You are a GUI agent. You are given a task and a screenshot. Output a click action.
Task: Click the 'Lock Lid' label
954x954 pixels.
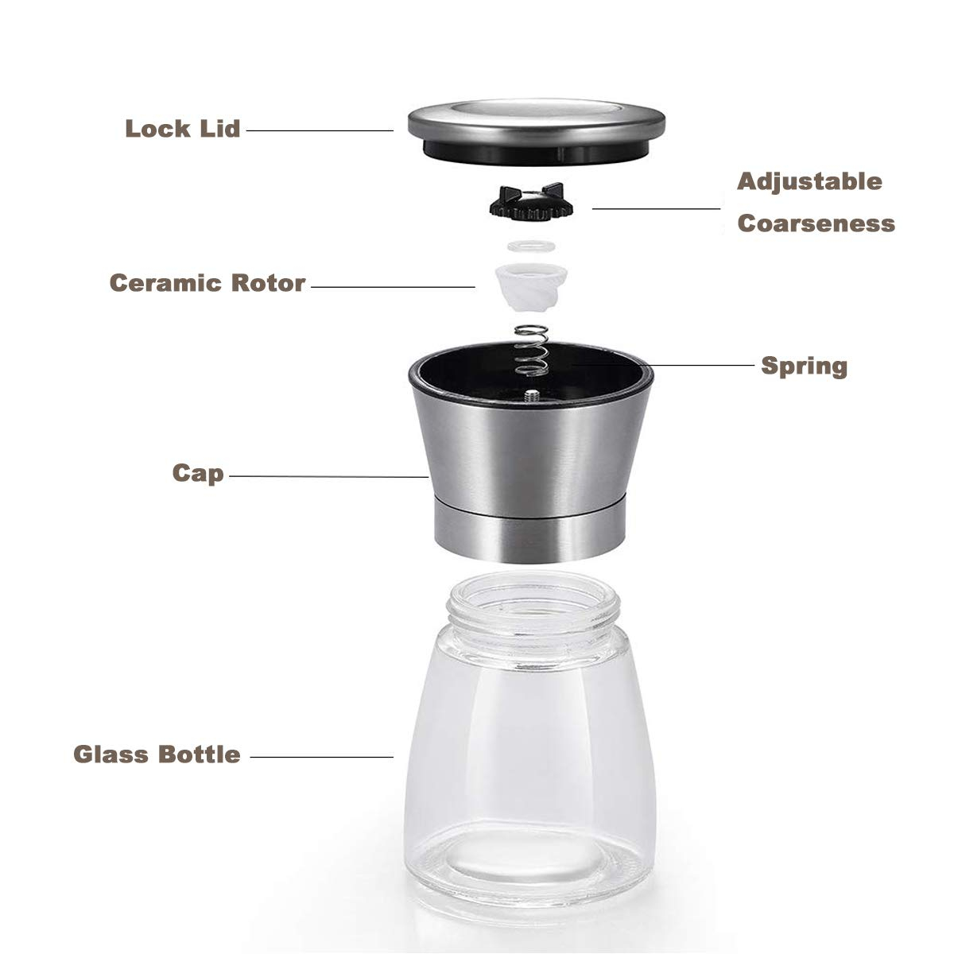[x=183, y=128]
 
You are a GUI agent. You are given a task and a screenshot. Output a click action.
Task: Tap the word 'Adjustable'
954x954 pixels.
[x=809, y=181]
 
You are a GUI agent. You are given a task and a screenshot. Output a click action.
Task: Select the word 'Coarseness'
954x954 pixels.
[x=816, y=223]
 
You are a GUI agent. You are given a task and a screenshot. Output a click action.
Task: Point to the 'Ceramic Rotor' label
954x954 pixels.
[x=207, y=283]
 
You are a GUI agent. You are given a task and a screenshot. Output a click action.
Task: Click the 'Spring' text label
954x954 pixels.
[x=805, y=366]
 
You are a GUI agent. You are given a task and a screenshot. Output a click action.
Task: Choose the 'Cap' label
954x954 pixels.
[x=199, y=475]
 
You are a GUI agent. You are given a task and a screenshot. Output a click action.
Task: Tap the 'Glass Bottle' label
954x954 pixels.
[x=157, y=754]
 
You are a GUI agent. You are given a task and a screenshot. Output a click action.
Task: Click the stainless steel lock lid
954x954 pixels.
[x=536, y=122]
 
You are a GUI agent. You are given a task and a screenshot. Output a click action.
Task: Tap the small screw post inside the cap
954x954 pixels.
[x=529, y=394]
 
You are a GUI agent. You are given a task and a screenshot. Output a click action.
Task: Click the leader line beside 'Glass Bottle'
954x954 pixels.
[x=322, y=756]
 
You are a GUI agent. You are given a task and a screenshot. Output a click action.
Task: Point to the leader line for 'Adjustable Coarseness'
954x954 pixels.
[x=656, y=208]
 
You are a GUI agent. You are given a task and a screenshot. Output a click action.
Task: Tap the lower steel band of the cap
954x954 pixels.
[x=528, y=529]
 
